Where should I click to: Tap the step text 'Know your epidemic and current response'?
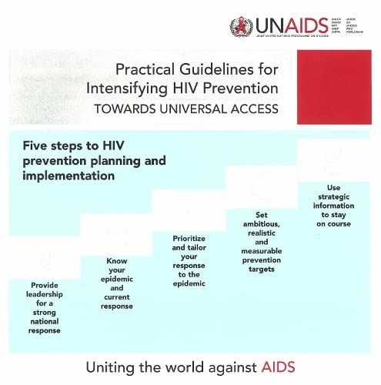tap(116, 283)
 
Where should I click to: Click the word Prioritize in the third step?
tap(189, 239)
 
